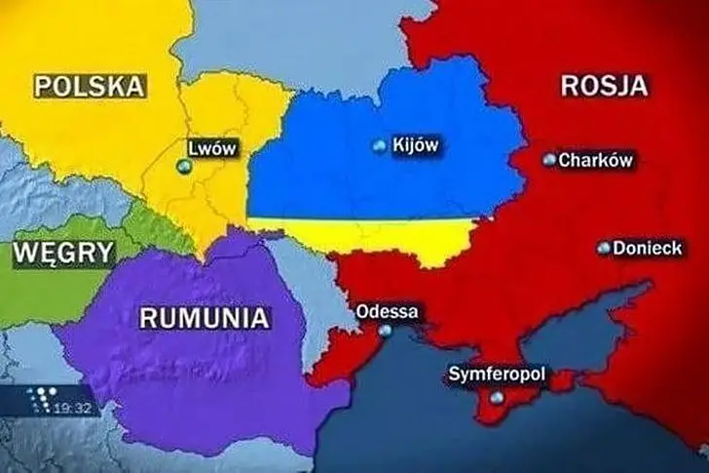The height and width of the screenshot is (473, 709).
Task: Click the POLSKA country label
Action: click(90, 86)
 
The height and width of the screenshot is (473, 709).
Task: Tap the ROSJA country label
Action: click(604, 84)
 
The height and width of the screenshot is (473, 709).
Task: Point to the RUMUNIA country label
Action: click(204, 317)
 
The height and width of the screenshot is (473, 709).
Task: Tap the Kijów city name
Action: click(415, 145)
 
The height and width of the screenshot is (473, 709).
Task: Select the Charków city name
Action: click(596, 159)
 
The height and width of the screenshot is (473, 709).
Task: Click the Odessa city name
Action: click(389, 312)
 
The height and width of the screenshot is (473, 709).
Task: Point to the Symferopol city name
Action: click(497, 374)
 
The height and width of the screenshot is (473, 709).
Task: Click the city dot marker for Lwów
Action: click(181, 167)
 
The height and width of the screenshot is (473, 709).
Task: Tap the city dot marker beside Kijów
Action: click(379, 146)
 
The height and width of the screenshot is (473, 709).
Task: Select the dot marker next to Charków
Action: click(550, 158)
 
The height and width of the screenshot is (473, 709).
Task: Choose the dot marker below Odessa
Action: click(387, 331)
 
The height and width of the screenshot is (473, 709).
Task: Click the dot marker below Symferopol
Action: click(498, 397)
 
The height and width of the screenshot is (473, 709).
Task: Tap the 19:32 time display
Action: click(78, 407)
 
